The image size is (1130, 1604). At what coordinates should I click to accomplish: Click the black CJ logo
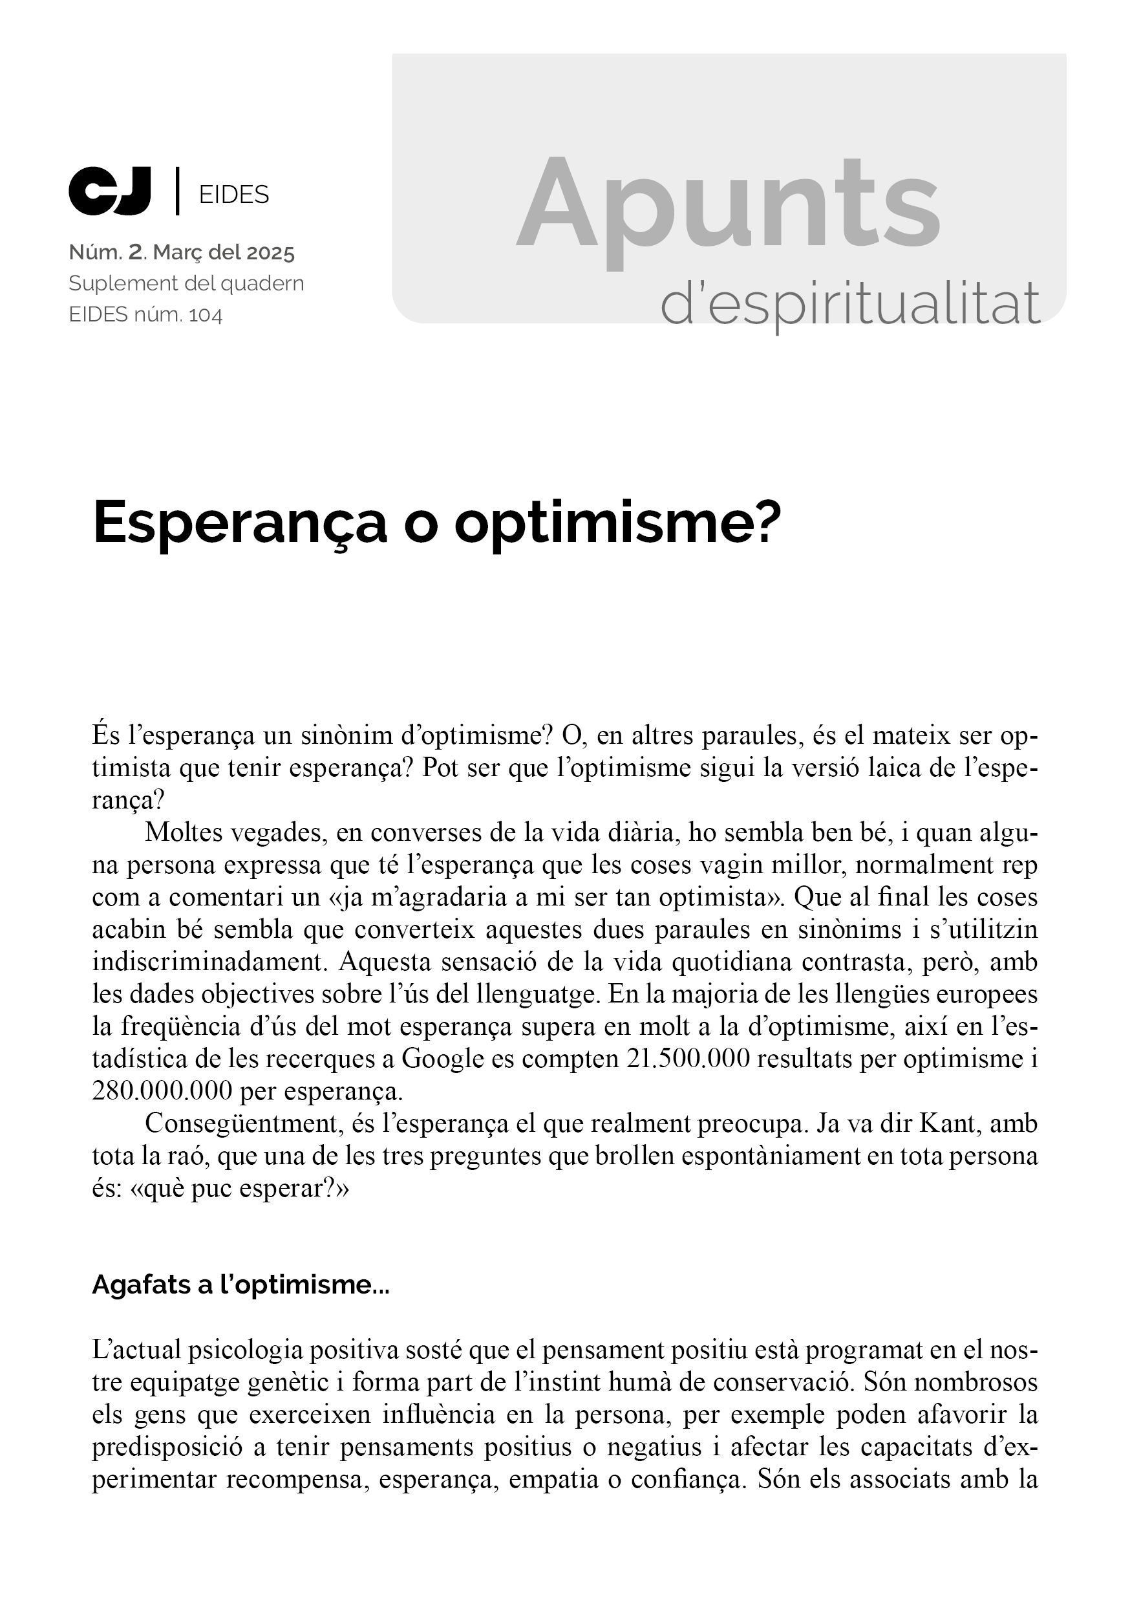[110, 190]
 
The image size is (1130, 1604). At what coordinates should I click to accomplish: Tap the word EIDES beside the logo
[234, 195]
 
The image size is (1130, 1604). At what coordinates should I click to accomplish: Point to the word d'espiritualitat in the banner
[850, 306]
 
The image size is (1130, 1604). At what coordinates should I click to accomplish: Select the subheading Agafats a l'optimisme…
[240, 1285]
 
